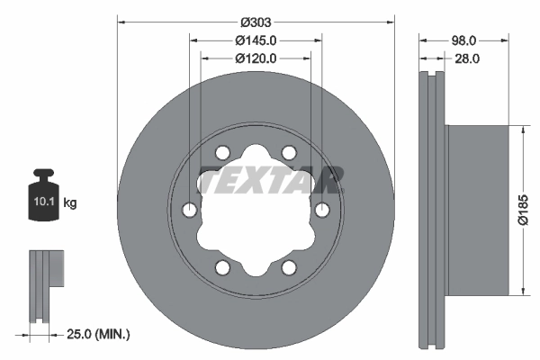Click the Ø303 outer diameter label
point(256,22)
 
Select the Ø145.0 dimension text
point(256,40)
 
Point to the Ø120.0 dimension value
point(256,58)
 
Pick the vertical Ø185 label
point(531,210)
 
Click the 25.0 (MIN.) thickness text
point(99,334)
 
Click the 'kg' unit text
point(70,203)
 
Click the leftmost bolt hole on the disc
point(189,210)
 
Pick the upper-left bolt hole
point(222,152)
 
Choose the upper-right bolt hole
point(289,152)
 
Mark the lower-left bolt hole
point(222,267)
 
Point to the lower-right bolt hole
point(289,267)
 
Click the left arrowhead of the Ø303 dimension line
point(121,22)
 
